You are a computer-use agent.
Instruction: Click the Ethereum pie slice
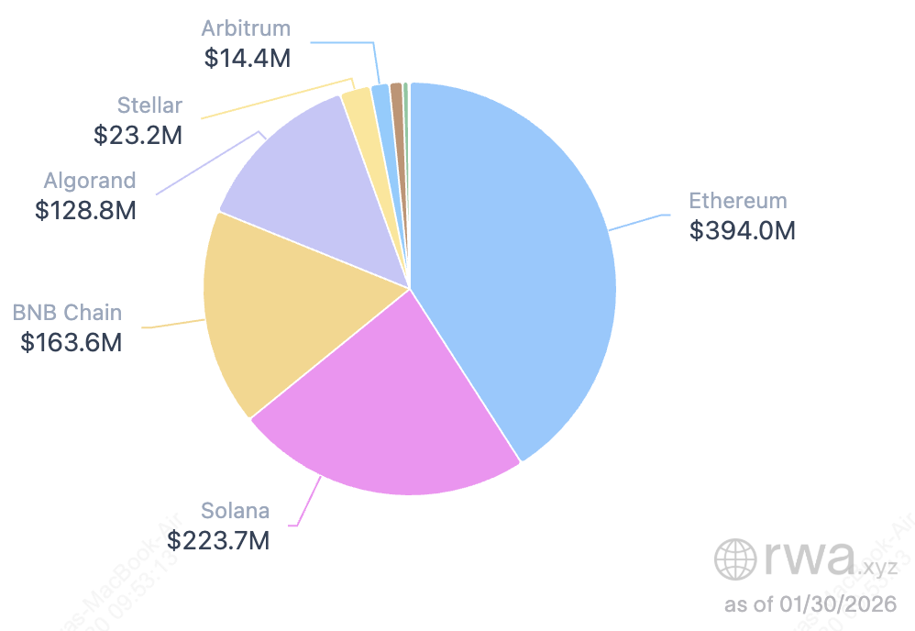tap(513, 257)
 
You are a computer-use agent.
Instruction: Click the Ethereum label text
tap(737, 201)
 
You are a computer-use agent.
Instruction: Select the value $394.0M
tap(742, 230)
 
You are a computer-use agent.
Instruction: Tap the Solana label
tap(236, 511)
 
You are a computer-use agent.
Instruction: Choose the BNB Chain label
tap(67, 313)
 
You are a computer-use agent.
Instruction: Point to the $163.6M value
tap(72, 343)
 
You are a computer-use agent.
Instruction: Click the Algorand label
tap(90, 180)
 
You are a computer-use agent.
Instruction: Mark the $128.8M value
tap(85, 210)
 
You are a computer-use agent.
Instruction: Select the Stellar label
tap(150, 105)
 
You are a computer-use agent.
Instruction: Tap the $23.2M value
tap(138, 135)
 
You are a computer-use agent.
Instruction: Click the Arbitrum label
tap(247, 28)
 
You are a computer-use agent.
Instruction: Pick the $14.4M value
tap(247, 58)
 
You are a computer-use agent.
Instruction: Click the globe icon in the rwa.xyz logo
tap(734, 558)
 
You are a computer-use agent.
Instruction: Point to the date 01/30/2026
tap(835, 605)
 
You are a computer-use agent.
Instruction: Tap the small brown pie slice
tap(396, 92)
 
